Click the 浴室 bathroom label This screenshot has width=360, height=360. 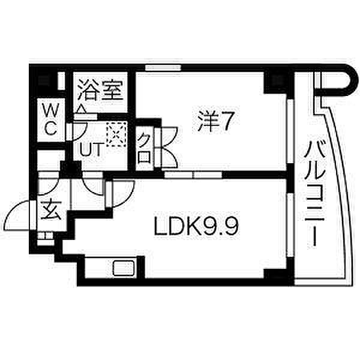[x=100, y=90]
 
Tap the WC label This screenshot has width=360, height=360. [x=51, y=119]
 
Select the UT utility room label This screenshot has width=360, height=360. [x=91, y=149]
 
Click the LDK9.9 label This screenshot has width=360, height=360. [x=197, y=226]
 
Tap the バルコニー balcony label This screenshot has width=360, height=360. [x=314, y=194]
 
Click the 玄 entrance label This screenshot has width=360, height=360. [x=51, y=210]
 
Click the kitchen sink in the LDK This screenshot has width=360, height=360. [x=124, y=268]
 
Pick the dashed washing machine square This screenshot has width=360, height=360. [x=116, y=134]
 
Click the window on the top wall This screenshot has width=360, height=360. [x=163, y=68]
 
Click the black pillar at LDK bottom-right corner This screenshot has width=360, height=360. [x=275, y=274]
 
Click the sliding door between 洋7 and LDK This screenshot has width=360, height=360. [x=193, y=175]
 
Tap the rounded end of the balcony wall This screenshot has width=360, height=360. [x=350, y=80]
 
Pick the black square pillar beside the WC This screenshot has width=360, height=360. [x=44, y=81]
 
